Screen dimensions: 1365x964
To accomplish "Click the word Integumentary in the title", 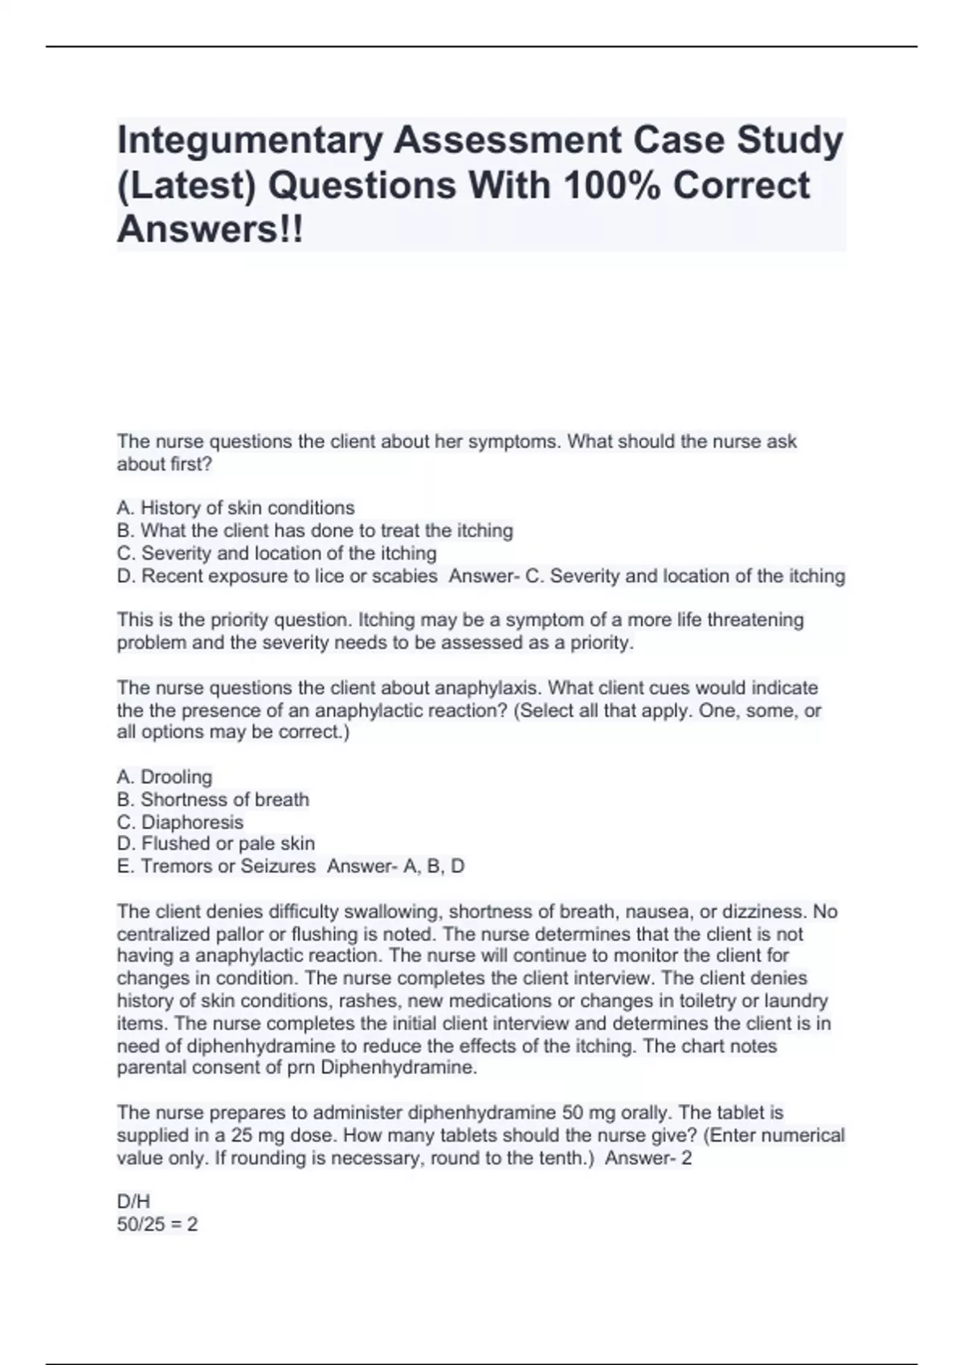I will pyautogui.click(x=248, y=141).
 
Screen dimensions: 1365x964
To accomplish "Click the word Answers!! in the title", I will pyautogui.click(x=210, y=230).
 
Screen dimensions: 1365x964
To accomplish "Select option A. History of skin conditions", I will pyautogui.click(x=235, y=508).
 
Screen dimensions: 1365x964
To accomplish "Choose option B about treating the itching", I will pyautogui.click(x=315, y=531).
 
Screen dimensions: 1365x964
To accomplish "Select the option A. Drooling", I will pyautogui.click(x=165, y=777).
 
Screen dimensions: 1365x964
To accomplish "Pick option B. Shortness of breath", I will pyautogui.click(x=213, y=800).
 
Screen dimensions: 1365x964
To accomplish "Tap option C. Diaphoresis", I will pyautogui.click(x=180, y=822).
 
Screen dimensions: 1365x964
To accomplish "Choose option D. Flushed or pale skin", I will pyautogui.click(x=215, y=844).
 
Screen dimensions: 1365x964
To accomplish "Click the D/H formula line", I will pyautogui.click(x=133, y=1202).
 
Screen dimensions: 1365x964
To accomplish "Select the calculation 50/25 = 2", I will pyautogui.click(x=157, y=1224).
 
